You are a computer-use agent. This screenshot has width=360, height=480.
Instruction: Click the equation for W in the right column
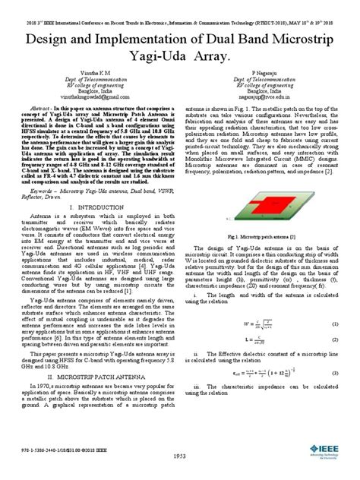tap(254, 303)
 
